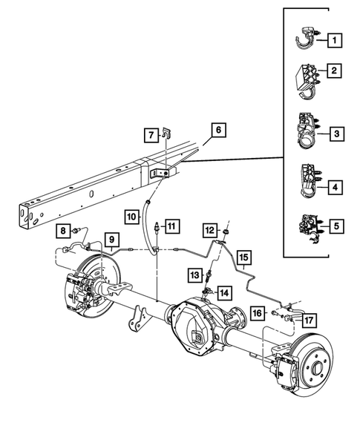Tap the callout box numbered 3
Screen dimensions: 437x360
tap(336, 134)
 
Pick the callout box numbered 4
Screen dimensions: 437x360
tap(336, 188)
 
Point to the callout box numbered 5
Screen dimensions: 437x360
tap(336, 224)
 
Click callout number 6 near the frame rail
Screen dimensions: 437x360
tap(217, 130)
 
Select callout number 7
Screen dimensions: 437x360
tap(149, 135)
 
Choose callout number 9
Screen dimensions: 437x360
tap(111, 240)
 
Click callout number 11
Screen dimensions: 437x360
tap(171, 226)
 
